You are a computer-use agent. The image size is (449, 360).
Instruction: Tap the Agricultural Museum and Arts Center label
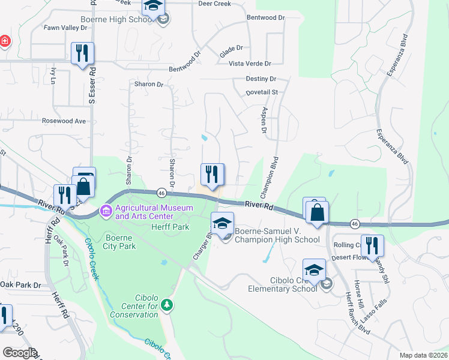154,212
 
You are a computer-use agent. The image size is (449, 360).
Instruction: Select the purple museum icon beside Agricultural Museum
107,211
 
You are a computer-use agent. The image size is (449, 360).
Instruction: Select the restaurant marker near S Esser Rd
82,53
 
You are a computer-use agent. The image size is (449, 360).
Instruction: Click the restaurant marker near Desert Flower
372,245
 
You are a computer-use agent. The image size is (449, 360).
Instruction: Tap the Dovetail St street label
262,92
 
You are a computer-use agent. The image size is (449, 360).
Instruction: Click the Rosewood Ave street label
64,121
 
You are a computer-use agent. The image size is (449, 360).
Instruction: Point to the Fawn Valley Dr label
65,28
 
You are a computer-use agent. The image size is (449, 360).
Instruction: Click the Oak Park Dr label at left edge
20,285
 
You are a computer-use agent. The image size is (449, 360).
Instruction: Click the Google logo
20,353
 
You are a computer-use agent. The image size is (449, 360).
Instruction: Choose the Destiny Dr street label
261,79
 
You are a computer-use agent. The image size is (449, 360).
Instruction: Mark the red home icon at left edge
4,41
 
